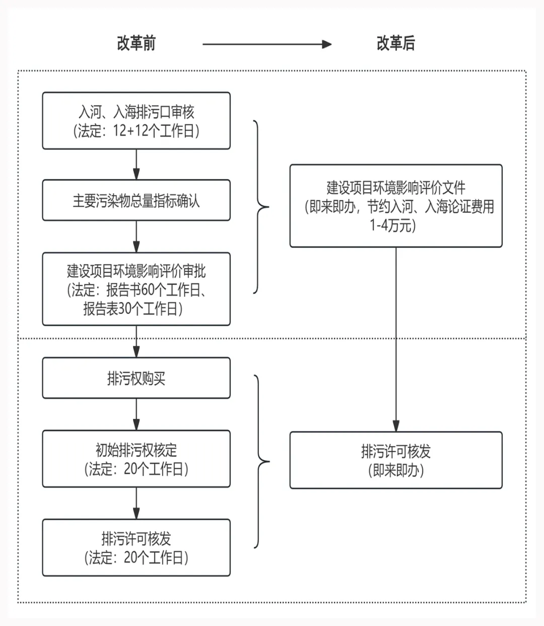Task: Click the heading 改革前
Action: coord(136,43)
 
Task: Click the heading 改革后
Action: coord(396,43)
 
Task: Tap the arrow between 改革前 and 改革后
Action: coord(267,44)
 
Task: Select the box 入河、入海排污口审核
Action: coord(136,121)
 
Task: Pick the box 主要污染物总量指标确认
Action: coord(136,200)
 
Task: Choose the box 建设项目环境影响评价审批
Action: coord(136,289)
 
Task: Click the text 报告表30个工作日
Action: coord(130,308)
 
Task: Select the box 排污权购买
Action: coord(136,378)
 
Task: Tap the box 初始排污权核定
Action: coord(136,458)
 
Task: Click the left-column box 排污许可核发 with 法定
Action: coord(136,547)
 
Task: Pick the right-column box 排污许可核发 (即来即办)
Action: coord(396,460)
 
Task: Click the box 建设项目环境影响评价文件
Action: coord(396,206)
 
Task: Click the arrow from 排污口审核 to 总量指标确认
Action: coord(136,165)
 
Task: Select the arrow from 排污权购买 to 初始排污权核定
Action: coord(136,414)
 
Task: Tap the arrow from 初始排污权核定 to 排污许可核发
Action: coord(136,503)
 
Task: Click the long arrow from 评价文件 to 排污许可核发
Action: coord(396,340)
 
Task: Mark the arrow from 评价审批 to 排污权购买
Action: coord(136,342)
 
